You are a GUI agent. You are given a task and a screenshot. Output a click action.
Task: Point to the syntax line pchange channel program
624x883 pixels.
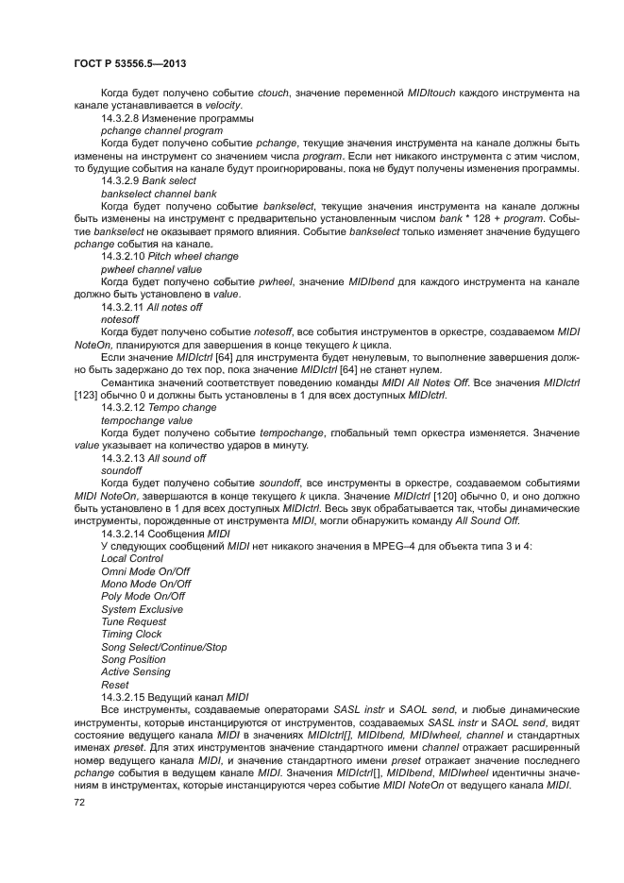click(161, 131)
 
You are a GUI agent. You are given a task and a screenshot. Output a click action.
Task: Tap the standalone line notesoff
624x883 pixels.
click(119, 319)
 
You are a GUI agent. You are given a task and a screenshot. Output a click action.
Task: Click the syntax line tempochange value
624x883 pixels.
click(146, 420)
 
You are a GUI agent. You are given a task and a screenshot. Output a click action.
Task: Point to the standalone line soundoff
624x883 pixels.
click(121, 470)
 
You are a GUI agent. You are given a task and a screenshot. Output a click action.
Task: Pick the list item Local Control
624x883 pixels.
click(131, 558)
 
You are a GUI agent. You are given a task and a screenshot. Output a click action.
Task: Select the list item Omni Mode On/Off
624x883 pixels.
click(144, 571)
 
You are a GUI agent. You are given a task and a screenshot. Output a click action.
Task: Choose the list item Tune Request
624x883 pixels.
click(133, 621)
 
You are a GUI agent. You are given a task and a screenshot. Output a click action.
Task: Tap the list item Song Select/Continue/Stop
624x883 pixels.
click(163, 647)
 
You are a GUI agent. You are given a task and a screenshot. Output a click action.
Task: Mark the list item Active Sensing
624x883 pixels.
click(135, 671)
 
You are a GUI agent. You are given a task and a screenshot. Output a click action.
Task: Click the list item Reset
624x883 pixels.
click(114, 685)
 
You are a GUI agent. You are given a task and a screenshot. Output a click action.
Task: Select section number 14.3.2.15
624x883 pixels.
click(127, 697)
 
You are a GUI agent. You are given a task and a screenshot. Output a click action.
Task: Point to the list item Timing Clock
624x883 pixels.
click(131, 634)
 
